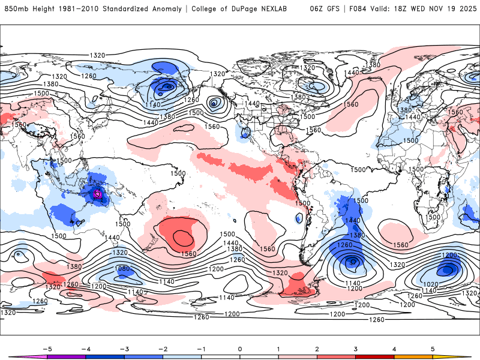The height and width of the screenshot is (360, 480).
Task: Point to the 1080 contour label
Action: (122, 269)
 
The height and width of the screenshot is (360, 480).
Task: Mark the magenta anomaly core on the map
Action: (98, 193)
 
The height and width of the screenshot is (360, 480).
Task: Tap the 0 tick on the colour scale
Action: (240, 348)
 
